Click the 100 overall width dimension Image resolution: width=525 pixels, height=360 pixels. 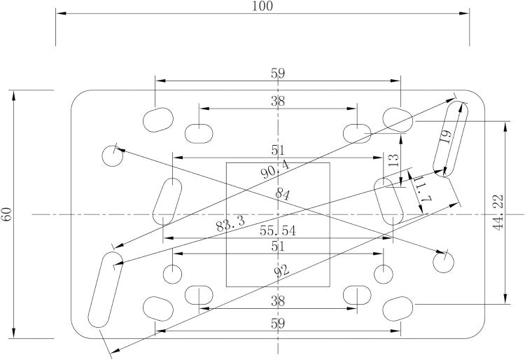click(x=262, y=6)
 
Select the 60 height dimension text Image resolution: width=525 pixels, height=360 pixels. click(x=7, y=214)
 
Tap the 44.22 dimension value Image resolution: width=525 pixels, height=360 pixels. click(x=498, y=212)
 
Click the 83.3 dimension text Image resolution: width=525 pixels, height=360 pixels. click(x=230, y=223)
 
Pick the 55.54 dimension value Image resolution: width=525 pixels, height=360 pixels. click(x=278, y=230)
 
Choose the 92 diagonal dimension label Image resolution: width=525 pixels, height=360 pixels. click(x=281, y=270)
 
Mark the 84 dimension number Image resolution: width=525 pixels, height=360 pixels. click(x=283, y=194)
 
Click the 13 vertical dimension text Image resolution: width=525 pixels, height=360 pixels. click(x=394, y=160)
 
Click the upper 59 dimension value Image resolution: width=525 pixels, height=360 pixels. click(x=278, y=74)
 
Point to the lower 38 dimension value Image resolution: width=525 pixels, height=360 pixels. click(x=278, y=301)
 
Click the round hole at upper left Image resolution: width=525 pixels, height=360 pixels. click(x=113, y=155)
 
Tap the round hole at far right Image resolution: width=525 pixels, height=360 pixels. click(x=443, y=262)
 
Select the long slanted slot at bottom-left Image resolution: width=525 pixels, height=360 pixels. click(x=105, y=290)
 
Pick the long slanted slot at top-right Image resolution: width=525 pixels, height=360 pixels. click(x=450, y=138)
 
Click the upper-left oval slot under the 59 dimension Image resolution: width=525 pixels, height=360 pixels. click(x=158, y=120)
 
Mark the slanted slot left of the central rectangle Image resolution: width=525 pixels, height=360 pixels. click(x=167, y=202)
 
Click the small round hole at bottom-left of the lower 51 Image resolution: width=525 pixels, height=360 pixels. click(x=172, y=274)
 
